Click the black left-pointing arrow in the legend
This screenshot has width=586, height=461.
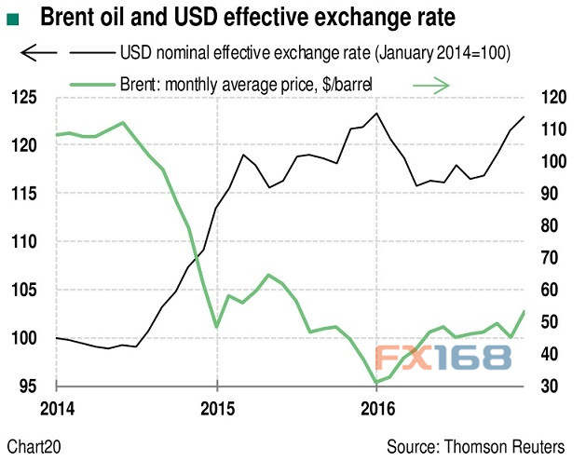coord(38,54)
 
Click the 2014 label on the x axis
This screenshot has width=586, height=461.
coord(57,407)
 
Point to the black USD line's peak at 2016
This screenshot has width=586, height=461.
coord(376,113)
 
